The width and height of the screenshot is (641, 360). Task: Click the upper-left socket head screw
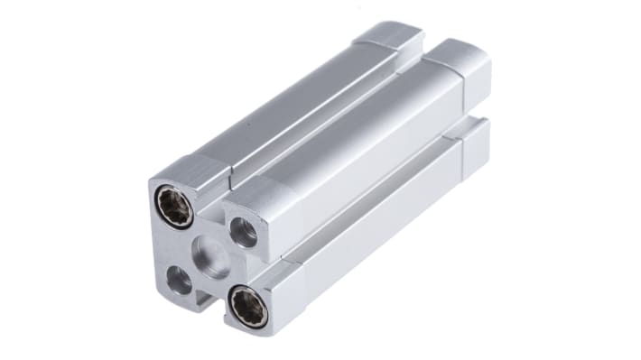(x=175, y=207)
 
